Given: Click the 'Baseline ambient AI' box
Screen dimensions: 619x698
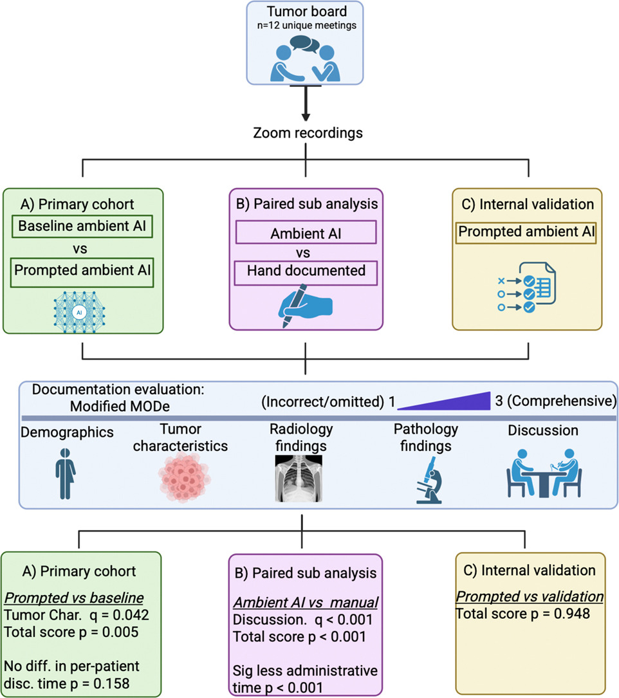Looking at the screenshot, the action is pos(82,226).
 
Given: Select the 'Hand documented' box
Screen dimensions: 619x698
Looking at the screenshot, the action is pos(306,272).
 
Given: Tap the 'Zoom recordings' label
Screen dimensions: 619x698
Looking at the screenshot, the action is pos(308,133).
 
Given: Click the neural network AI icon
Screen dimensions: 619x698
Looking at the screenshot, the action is pos(79,312).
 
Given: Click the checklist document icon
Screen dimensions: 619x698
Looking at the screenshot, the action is pos(527,287).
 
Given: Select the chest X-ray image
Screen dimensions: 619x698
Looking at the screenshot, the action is pos(299,479).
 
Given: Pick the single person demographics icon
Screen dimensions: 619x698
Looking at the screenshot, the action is pos(66,473).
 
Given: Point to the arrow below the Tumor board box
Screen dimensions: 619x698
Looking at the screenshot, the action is pos(306,103).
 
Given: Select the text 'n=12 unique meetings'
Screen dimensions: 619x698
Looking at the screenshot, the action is pos(307,26).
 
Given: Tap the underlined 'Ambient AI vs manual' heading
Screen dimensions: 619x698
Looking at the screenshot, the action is pos(306,602).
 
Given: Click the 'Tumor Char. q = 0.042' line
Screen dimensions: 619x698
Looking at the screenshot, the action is pos(77,615).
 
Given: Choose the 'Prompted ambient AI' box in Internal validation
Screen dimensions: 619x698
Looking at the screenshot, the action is pos(526,232).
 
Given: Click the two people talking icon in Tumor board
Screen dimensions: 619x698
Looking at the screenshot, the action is pos(306,59).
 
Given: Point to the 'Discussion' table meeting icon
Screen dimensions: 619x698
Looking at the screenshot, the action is pos(544,473).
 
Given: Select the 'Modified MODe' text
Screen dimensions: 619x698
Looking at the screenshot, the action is pos(120,407).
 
